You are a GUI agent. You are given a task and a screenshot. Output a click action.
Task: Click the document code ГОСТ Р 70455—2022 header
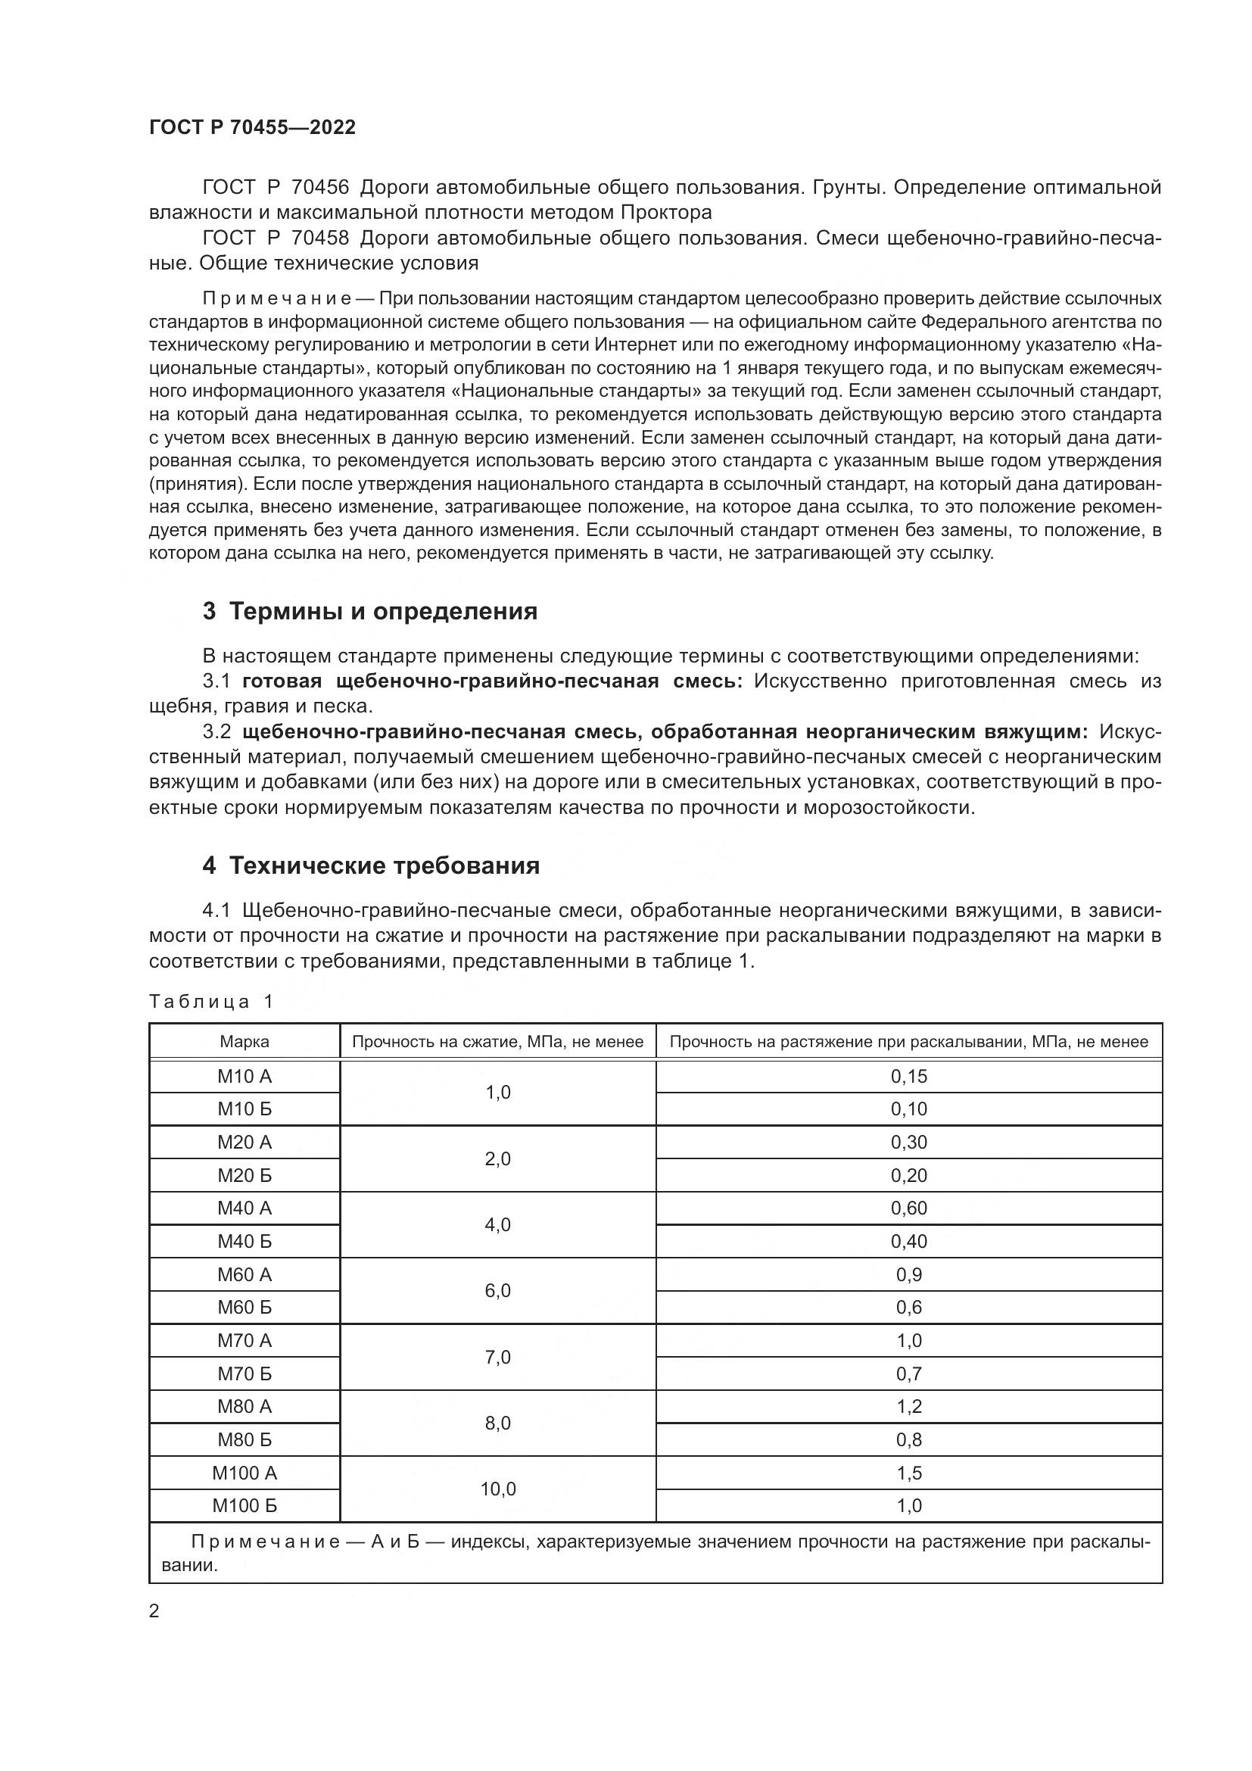point(252,128)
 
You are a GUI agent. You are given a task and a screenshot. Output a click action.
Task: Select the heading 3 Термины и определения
point(370,612)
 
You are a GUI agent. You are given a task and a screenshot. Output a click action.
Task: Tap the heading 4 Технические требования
point(371,866)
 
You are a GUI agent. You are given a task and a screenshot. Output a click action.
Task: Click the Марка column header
point(244,1042)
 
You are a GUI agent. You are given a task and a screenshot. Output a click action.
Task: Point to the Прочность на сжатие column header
point(497,1042)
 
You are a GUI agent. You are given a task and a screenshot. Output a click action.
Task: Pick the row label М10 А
point(244,1077)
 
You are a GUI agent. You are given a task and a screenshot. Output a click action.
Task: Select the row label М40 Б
point(244,1242)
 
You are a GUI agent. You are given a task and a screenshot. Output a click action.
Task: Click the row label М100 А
point(244,1473)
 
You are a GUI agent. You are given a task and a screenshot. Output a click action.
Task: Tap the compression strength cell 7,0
point(498,1358)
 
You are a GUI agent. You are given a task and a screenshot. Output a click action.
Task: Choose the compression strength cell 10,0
point(498,1489)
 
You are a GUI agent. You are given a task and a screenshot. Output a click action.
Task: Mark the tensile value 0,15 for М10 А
point(909,1077)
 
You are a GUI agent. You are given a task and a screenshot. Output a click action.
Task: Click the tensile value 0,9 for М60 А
point(909,1275)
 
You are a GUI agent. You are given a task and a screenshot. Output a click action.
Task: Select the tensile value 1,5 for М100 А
point(909,1473)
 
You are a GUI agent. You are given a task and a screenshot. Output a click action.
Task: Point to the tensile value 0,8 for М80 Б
point(909,1440)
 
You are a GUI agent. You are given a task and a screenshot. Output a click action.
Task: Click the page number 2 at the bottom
point(154,1611)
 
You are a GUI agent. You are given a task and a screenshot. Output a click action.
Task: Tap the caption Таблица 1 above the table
point(211,1002)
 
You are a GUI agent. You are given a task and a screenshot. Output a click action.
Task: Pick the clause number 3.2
point(216,732)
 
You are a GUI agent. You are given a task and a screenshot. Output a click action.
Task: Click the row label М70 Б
point(244,1373)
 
